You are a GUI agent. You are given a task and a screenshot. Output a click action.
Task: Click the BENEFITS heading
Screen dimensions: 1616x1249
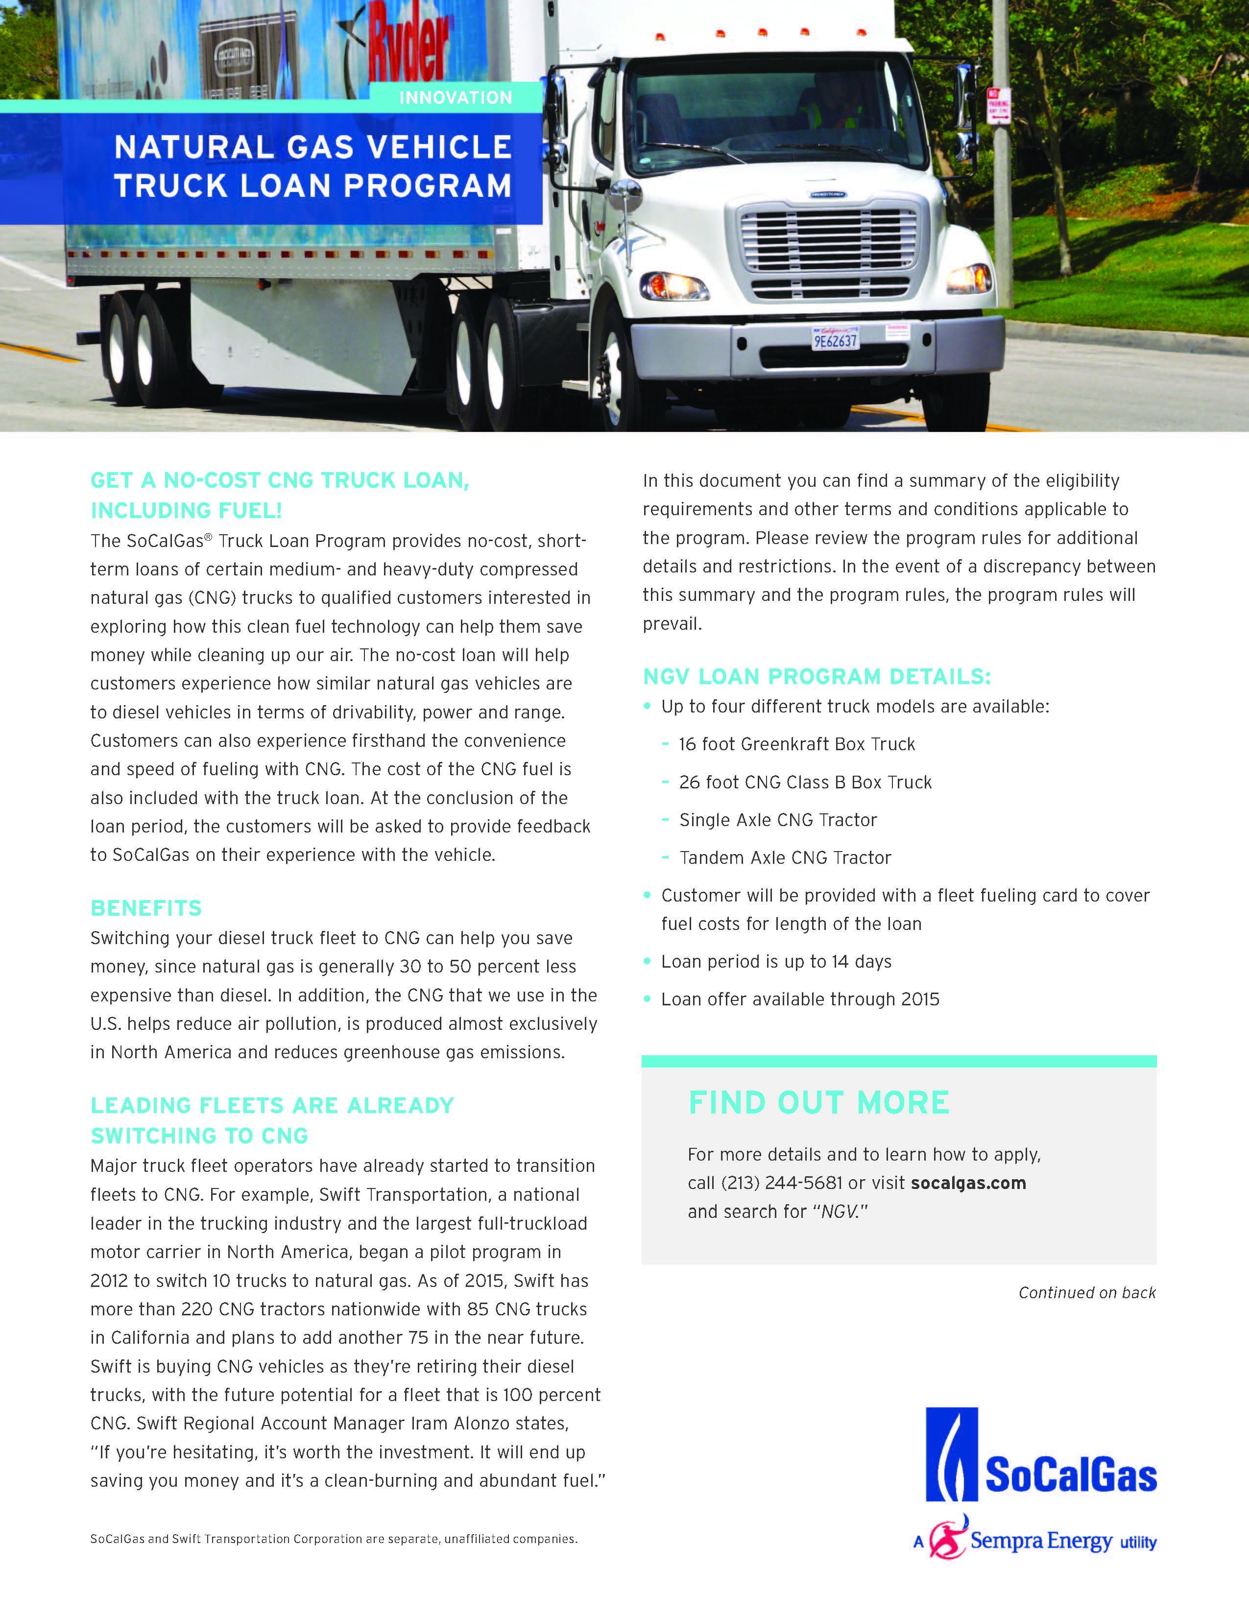pos(146,908)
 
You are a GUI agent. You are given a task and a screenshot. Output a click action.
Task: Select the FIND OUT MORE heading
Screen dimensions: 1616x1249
pos(818,1102)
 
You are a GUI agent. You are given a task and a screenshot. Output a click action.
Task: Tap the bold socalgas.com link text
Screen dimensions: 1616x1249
pos(968,1183)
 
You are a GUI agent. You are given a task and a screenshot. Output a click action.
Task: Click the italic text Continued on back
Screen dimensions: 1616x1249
pos(1086,1293)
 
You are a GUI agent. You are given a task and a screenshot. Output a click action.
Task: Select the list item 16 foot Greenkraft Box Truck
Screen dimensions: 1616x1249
pos(797,744)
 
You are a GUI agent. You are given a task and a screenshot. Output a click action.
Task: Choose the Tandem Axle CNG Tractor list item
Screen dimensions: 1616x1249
pos(785,857)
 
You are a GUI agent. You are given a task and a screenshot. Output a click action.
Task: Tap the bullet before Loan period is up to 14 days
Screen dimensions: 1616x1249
pos(648,961)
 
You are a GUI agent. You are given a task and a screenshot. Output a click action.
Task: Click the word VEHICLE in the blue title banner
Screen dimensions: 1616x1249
pos(439,147)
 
